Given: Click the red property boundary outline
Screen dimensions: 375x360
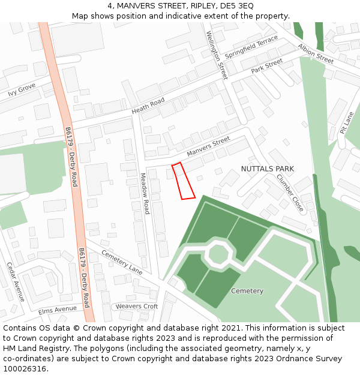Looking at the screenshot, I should pyautogui.click(x=183, y=181).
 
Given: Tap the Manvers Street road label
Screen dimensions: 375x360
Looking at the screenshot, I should pyautogui.click(x=208, y=146).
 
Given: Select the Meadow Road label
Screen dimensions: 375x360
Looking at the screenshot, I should pyautogui.click(x=145, y=194).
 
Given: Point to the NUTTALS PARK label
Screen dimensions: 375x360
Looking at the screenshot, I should pyautogui.click(x=268, y=169).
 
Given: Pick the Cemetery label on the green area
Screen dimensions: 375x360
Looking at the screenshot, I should pyautogui.click(x=247, y=291).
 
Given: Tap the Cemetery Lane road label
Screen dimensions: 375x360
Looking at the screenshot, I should pyautogui.click(x=122, y=262).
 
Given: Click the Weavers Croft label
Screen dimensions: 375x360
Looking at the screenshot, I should pyautogui.click(x=137, y=307).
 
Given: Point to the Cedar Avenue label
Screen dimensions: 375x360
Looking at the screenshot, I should pyautogui.click(x=15, y=281).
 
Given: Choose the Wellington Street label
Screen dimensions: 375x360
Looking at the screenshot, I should pyautogui.click(x=217, y=55).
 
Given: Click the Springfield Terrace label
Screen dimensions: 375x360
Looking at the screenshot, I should pyautogui.click(x=251, y=47).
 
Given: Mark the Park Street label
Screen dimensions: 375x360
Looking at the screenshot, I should pyautogui.click(x=267, y=66).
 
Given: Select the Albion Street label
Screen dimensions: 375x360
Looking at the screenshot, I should pyautogui.click(x=316, y=54).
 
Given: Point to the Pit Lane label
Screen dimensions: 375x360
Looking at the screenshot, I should pyautogui.click(x=347, y=121).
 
